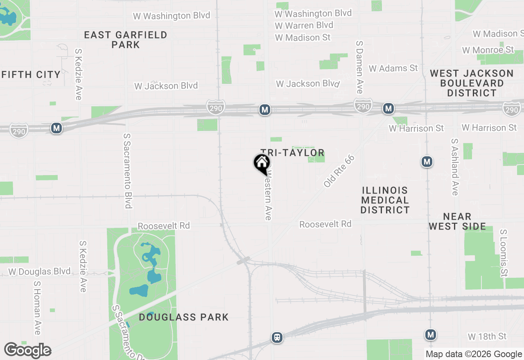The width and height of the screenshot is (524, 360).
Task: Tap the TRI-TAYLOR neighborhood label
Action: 293,153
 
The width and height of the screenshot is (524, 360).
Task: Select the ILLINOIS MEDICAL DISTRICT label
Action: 385,200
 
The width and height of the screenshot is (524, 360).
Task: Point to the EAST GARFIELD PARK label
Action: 126,40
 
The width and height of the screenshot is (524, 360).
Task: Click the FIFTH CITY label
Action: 31,74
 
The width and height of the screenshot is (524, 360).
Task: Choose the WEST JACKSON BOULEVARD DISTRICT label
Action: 472,83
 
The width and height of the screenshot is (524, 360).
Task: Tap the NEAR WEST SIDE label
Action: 457,221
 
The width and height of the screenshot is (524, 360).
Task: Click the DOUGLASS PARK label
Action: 184,317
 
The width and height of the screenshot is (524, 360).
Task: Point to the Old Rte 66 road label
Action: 339,171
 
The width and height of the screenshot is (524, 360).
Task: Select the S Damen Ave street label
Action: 359,67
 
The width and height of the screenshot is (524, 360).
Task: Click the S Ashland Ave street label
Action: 454,167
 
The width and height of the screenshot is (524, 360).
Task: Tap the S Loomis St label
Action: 504,252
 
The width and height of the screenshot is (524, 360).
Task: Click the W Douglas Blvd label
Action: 39,272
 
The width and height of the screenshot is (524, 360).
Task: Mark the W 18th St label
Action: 487,337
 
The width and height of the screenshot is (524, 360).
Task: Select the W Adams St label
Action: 393,68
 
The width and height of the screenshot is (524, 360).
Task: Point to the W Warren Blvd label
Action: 304,25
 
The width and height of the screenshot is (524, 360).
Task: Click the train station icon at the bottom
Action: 277,338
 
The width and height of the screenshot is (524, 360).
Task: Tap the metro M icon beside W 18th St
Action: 430,335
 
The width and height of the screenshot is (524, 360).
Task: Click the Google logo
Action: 28,351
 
